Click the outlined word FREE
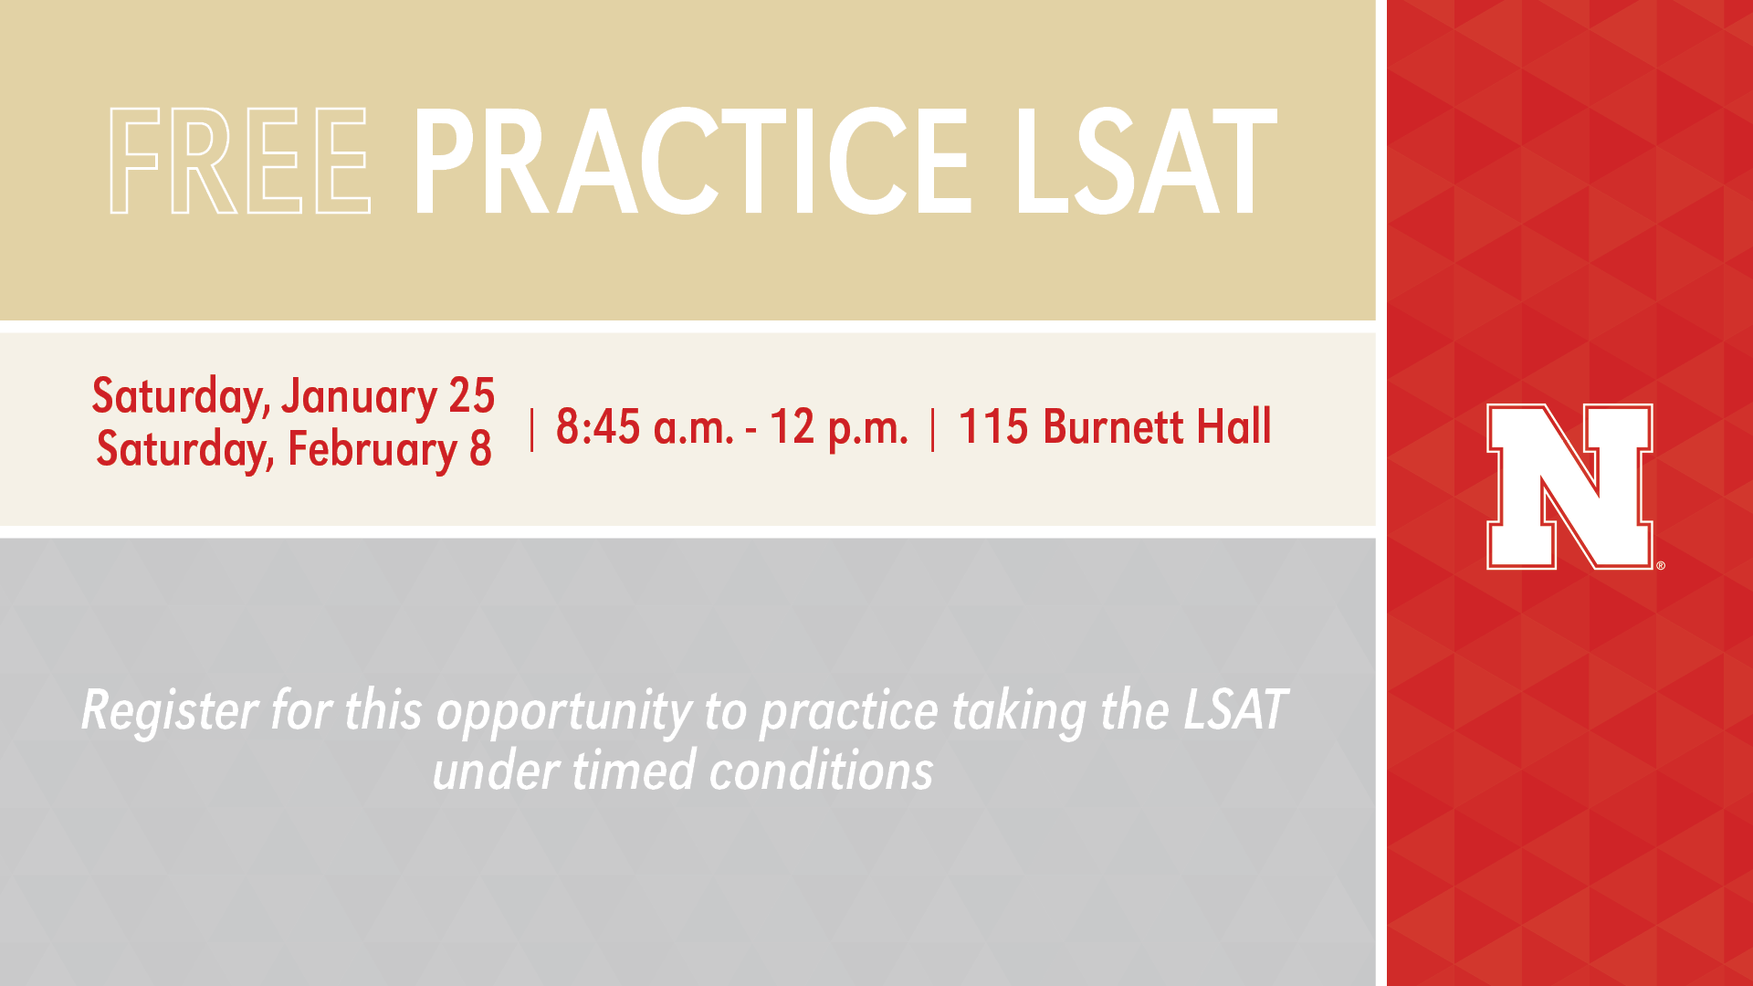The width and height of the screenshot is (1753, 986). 240,161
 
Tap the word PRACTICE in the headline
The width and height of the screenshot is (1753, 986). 691,161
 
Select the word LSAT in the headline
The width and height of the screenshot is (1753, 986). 1145,161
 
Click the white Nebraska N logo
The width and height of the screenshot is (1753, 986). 1569,487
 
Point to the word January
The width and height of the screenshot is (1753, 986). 359,398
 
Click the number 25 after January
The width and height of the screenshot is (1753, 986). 471,396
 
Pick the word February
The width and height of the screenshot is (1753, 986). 373,450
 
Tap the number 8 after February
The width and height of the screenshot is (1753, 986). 480,449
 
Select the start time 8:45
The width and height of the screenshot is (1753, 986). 598,427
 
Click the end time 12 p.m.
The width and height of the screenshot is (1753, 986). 839,428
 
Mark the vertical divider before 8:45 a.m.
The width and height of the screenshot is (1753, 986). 531,429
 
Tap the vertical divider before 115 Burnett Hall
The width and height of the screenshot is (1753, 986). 932,429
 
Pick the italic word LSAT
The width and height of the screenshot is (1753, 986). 1235,710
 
